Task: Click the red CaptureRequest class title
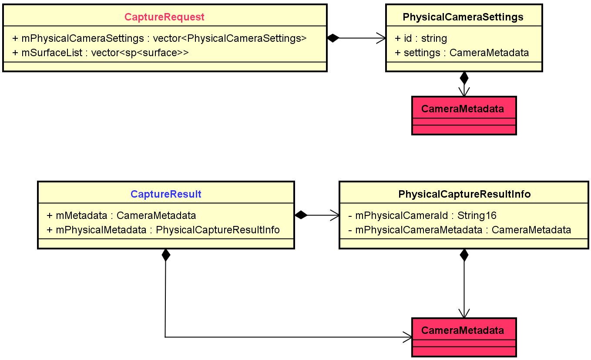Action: click(x=165, y=17)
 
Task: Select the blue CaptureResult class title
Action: click(x=166, y=194)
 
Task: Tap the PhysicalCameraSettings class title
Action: click(x=463, y=17)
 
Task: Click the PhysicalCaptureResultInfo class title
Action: click(x=464, y=194)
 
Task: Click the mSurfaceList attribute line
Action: click(x=101, y=53)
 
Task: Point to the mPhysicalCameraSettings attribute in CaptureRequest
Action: click(x=159, y=38)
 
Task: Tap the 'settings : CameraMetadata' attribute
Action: click(x=461, y=53)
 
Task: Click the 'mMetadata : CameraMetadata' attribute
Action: click(x=121, y=215)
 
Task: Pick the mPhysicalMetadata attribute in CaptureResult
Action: click(x=163, y=230)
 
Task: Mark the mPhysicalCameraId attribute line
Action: click(x=422, y=215)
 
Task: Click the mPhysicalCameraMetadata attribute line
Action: click(x=460, y=230)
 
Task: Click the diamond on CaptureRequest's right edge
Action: click(x=333, y=38)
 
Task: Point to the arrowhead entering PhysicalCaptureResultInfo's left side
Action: click(x=335, y=215)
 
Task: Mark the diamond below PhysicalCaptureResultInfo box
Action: click(x=464, y=255)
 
